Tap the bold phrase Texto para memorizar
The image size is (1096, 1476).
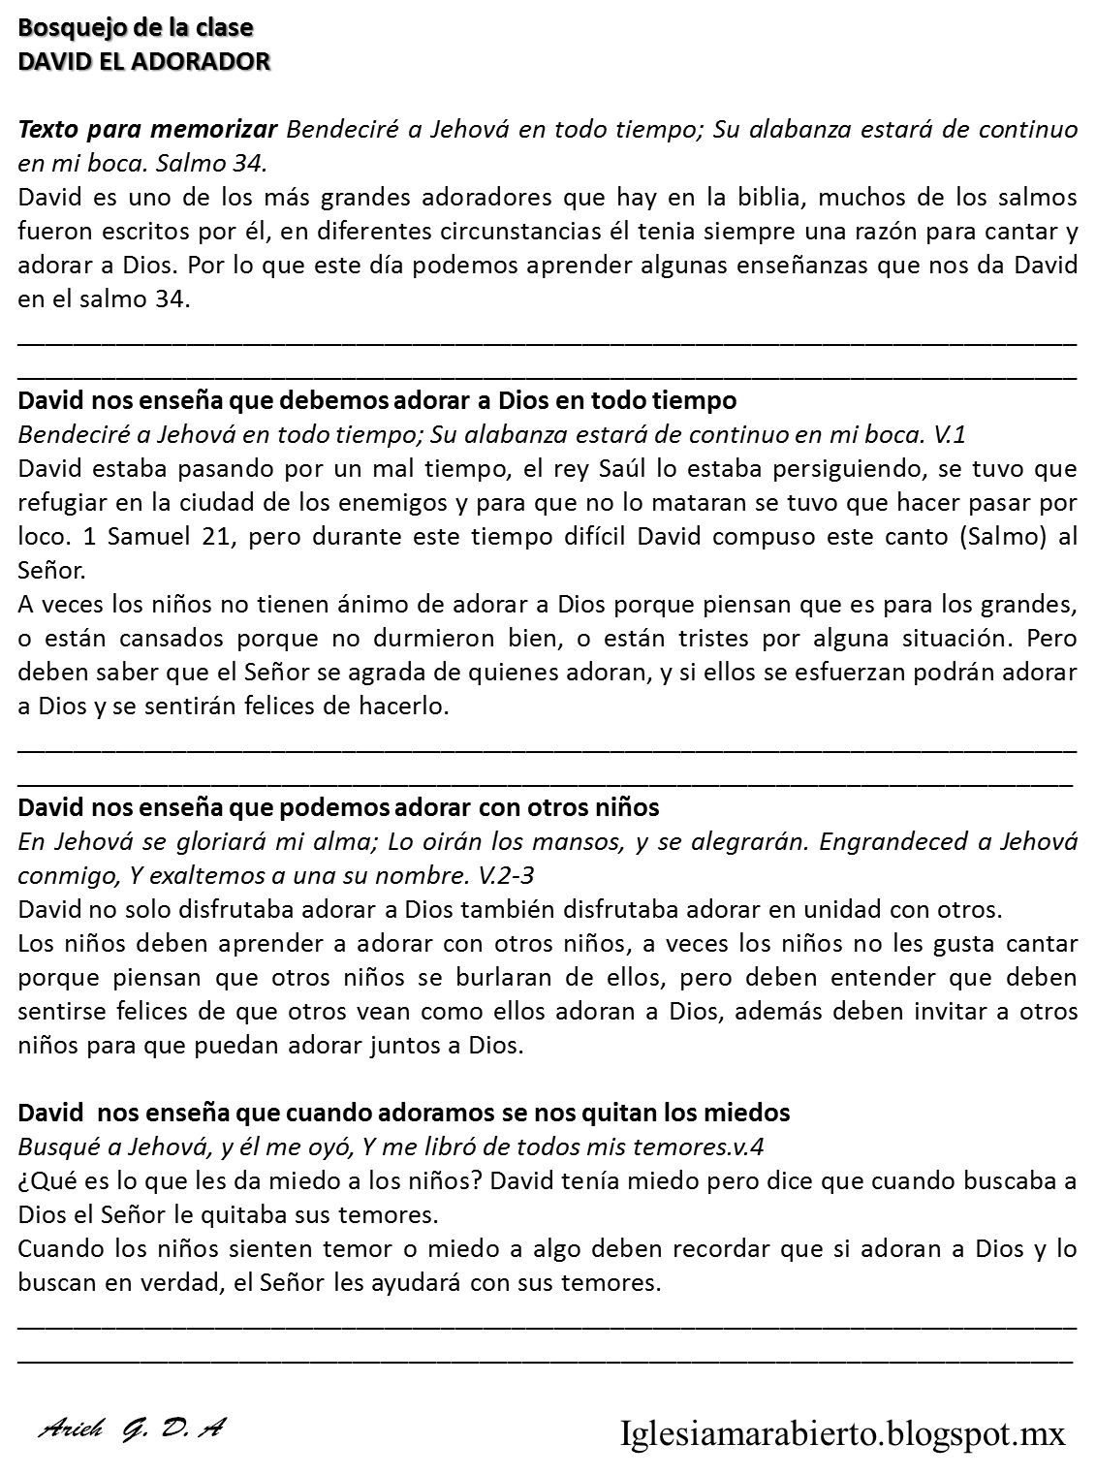click(148, 129)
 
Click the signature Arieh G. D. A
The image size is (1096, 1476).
click(132, 1429)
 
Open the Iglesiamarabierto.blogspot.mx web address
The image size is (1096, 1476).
click(842, 1431)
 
